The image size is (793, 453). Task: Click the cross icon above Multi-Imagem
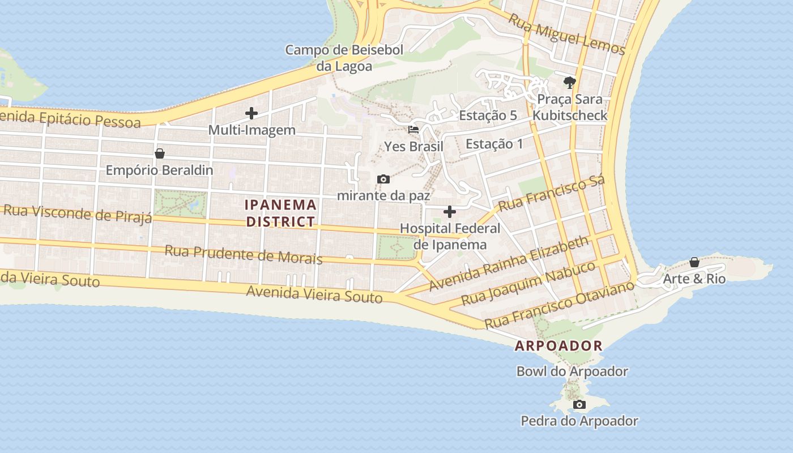[x=251, y=113]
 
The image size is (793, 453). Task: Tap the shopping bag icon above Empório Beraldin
[x=160, y=153]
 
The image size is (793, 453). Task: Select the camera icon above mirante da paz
[x=383, y=180]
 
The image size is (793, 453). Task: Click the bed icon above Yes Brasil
[x=413, y=130]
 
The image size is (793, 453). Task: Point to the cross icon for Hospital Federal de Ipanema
[x=450, y=212]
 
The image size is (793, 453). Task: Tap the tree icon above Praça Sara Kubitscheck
[x=569, y=83]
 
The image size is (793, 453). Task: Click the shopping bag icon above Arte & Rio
[x=694, y=262]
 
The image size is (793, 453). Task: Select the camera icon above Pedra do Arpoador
[x=579, y=404]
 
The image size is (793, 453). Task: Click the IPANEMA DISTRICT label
[x=280, y=213]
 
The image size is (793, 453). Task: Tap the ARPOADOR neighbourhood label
[x=558, y=345]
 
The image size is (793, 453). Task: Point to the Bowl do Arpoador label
[x=572, y=371]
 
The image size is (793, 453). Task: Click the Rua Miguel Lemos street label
[x=566, y=34]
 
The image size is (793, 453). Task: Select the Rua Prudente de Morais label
[x=244, y=255]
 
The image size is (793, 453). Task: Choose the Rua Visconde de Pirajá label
[x=78, y=213]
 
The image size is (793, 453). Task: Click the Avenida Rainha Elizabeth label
[x=509, y=263]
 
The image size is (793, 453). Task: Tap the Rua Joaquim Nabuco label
[x=528, y=283]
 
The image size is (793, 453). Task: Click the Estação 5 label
[x=488, y=116]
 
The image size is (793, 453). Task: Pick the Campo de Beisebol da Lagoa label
[x=344, y=58]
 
